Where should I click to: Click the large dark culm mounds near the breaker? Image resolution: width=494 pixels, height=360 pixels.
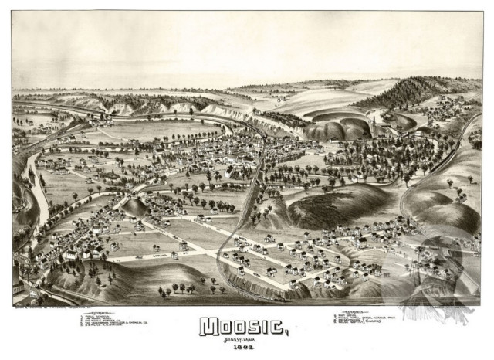pyautogui.click(x=340, y=127)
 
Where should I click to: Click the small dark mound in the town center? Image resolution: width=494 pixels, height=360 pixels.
pyautogui.click(x=135, y=207)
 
